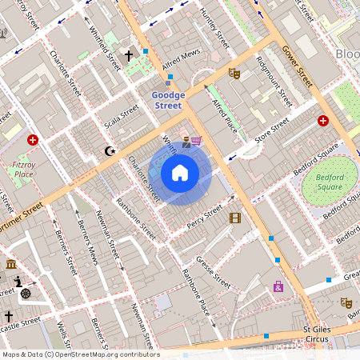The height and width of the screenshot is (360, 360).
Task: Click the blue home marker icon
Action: (180, 173)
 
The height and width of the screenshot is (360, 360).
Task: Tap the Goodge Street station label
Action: (168, 100)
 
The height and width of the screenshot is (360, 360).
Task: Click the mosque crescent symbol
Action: (110, 150)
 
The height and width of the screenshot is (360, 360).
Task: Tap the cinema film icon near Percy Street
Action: (234, 218)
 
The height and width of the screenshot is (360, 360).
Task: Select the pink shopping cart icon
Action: (196, 141)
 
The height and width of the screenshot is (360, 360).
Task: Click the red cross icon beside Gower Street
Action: (323, 121)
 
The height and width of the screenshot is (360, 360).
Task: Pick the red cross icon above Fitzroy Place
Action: (33, 140)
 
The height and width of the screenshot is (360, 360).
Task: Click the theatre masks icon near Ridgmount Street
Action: (234, 74)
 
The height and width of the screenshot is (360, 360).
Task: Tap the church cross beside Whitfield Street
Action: (129, 57)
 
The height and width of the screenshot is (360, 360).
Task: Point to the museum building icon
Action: (10, 264)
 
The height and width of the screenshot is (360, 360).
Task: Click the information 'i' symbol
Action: (19, 281)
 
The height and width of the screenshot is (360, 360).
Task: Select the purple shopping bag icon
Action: (278, 286)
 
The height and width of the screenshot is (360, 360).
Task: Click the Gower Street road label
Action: (297, 66)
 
